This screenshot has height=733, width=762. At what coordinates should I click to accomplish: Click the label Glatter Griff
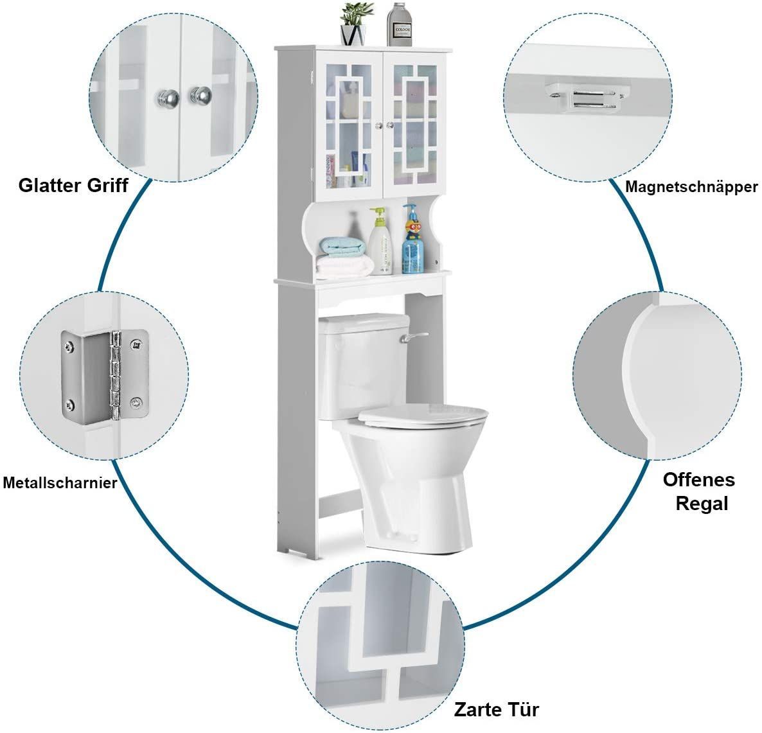click(73, 185)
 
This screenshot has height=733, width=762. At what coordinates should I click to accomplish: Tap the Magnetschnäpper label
click(691, 186)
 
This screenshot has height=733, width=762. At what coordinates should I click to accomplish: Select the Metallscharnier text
click(60, 482)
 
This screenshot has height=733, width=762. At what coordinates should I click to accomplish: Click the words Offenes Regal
click(699, 491)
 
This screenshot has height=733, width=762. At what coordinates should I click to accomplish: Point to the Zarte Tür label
click(497, 709)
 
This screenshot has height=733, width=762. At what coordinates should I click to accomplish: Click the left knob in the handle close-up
click(167, 98)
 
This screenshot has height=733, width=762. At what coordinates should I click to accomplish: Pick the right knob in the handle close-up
click(200, 96)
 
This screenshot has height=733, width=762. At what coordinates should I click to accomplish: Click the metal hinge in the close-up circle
click(105, 375)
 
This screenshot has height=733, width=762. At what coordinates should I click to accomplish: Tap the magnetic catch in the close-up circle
click(583, 98)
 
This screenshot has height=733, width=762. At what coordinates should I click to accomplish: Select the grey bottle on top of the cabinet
click(400, 25)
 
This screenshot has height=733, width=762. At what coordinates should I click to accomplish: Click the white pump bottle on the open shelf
click(380, 241)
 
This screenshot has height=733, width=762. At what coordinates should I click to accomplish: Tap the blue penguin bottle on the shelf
click(412, 239)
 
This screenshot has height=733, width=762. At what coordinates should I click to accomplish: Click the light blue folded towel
click(343, 247)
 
